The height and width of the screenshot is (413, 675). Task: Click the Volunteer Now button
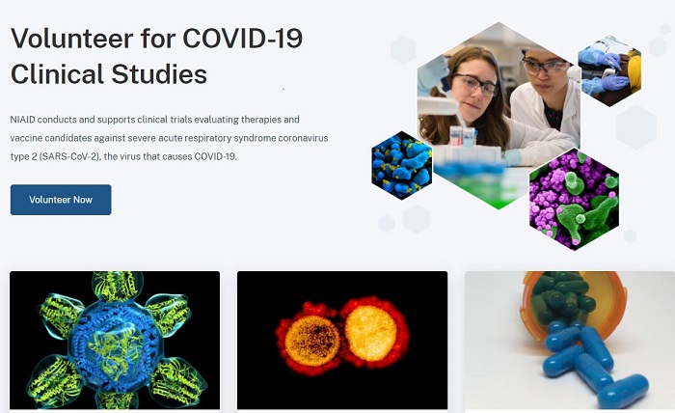(61, 200)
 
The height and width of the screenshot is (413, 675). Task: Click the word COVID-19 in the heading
(243, 39)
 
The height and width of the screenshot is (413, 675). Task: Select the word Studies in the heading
(159, 74)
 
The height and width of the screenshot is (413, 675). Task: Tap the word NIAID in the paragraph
(22, 120)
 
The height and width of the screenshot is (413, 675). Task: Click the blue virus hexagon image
(402, 165)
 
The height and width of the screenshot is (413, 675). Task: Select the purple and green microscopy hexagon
(575, 199)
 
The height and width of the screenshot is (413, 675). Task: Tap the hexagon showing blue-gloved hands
(609, 70)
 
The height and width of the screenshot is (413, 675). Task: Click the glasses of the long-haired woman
(475, 84)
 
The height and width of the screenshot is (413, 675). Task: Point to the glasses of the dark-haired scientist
(546, 66)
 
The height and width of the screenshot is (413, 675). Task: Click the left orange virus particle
(312, 340)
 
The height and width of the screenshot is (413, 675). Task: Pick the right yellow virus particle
(371, 333)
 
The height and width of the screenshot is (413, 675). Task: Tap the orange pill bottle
(574, 301)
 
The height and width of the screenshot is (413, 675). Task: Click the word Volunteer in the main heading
(72, 39)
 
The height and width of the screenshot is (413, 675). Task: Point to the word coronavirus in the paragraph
(303, 138)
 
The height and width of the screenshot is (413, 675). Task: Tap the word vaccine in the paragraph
(26, 138)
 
